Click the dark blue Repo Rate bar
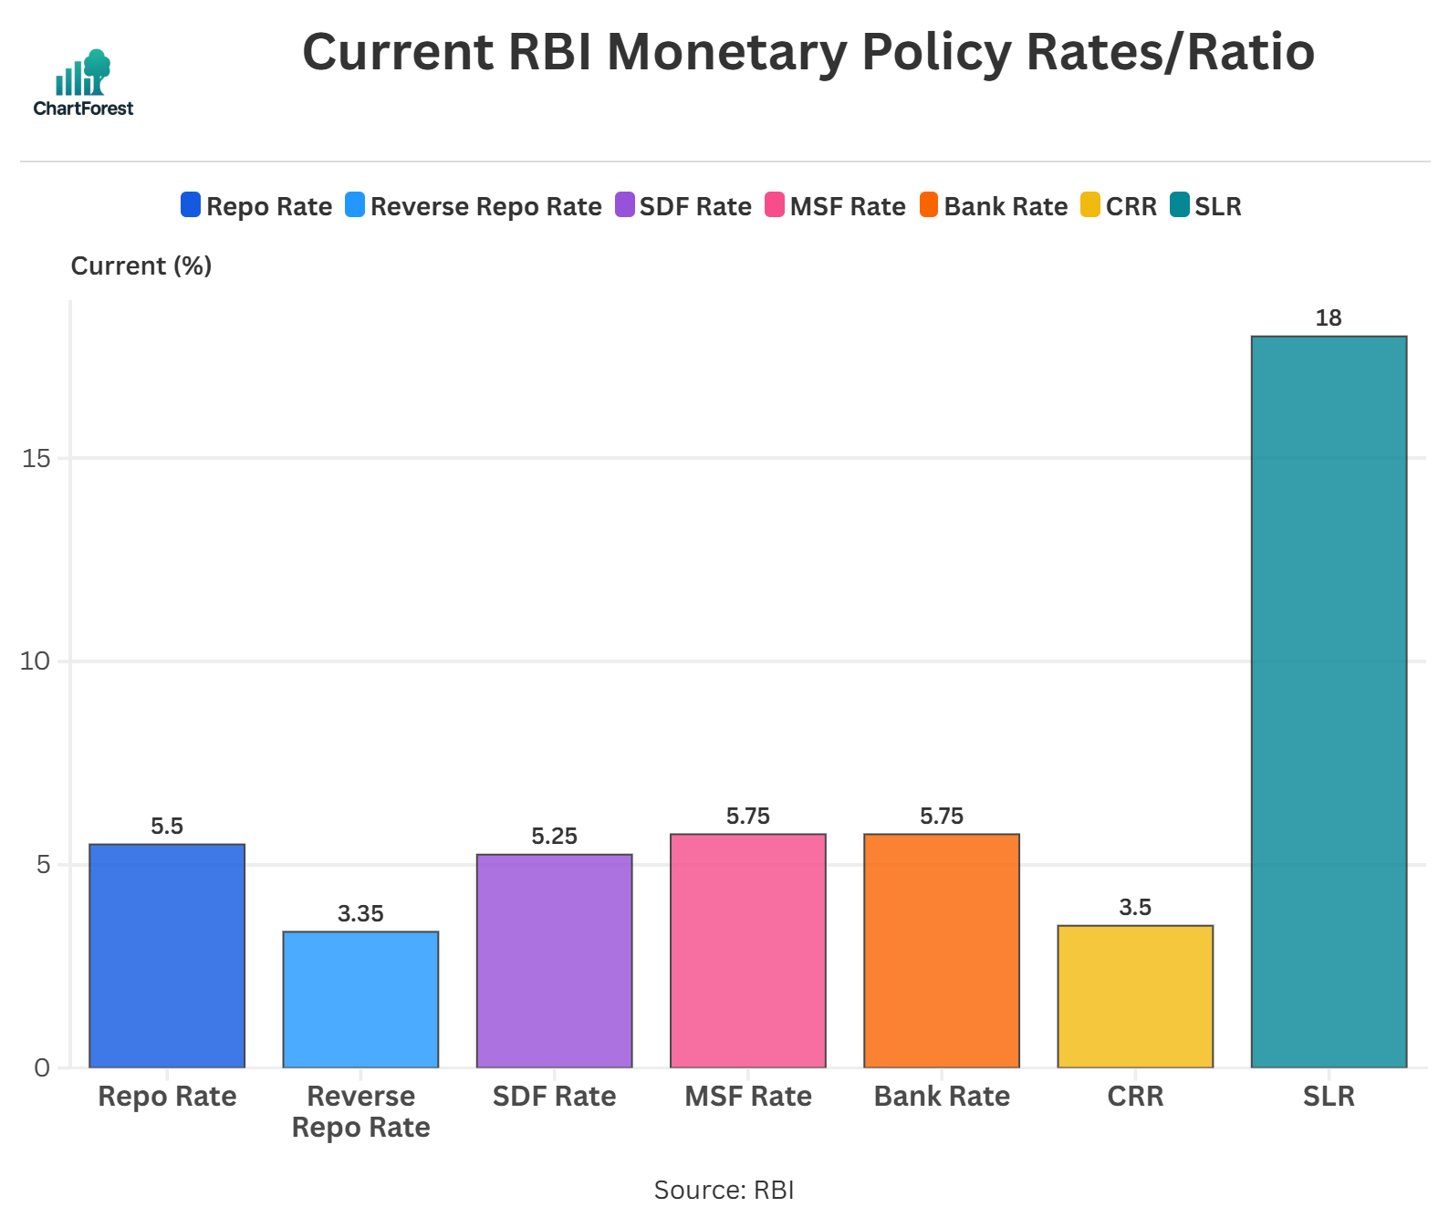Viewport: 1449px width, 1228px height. point(167,955)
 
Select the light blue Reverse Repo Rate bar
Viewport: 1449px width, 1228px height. point(360,999)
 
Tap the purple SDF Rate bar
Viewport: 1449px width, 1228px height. point(554,961)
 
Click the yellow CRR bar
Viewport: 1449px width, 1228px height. point(1135,996)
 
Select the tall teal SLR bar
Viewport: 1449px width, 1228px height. point(1329,702)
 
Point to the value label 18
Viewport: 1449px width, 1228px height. point(1329,318)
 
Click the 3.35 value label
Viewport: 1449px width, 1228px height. point(360,914)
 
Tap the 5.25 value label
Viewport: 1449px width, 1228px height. point(554,837)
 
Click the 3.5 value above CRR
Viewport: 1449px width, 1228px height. point(1135,908)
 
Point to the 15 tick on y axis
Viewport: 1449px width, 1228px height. point(36,458)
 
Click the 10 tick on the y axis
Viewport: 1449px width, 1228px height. point(36,661)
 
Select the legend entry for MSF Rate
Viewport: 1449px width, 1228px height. point(835,206)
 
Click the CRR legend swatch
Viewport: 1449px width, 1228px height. point(1089,205)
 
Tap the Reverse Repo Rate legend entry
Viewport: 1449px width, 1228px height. point(474,206)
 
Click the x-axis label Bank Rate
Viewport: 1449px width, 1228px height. point(941,1096)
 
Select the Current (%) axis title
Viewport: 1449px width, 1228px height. point(141,265)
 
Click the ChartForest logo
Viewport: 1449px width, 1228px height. point(83,83)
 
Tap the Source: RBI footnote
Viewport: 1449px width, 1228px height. point(724,1190)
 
